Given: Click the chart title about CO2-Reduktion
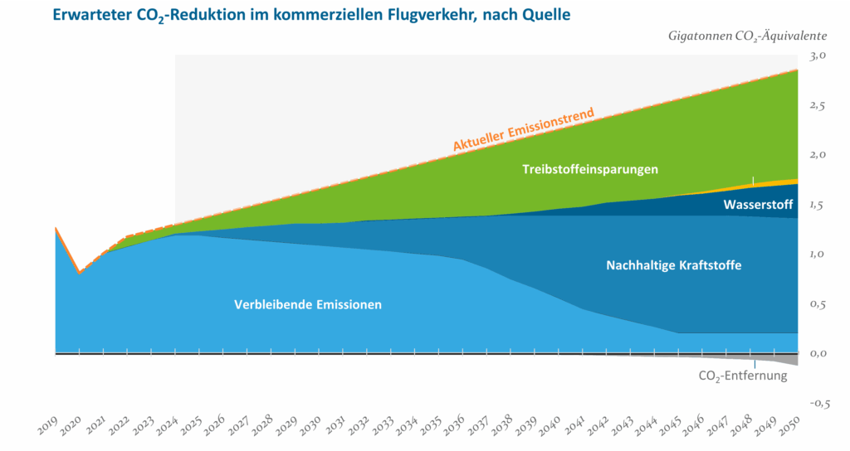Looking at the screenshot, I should coord(311,15).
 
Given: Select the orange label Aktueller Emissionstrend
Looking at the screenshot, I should coord(523,129).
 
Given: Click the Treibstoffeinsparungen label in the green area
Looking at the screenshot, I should coord(590,169).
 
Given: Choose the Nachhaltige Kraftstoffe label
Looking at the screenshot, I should coord(673,265).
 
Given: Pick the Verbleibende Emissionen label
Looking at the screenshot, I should coord(308,304).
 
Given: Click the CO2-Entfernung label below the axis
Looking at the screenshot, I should coord(740,376).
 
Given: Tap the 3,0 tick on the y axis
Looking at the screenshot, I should coord(818,55).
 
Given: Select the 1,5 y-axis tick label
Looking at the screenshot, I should coord(818,204).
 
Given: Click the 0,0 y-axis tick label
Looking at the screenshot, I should coord(818,353).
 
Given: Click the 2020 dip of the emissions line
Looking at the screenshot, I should coord(79,272).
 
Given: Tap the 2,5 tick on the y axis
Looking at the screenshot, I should coord(818,104).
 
